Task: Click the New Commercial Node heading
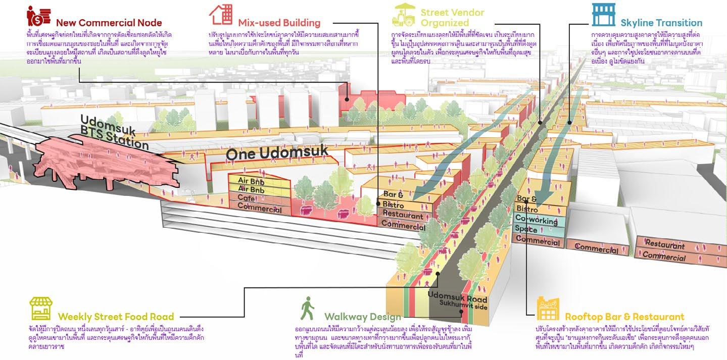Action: [x=109, y=23]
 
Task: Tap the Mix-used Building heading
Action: [x=279, y=23]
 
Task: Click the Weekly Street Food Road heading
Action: [x=116, y=317]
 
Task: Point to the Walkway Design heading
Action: [x=362, y=317]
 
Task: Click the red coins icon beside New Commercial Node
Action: [x=38, y=15]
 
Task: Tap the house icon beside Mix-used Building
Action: [x=221, y=15]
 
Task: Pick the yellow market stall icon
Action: [x=41, y=309]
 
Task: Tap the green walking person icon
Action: [x=307, y=308]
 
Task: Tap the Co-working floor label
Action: [x=536, y=220]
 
